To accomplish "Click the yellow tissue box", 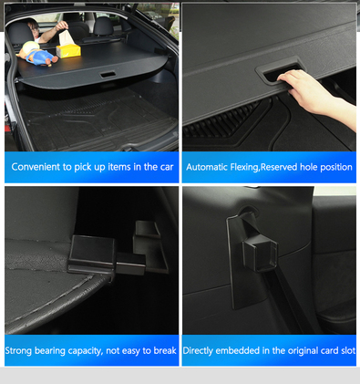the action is (68, 50).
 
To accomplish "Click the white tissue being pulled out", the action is (65, 37).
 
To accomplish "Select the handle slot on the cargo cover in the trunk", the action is (108, 75).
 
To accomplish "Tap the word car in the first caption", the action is (167, 167).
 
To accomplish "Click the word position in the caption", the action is (336, 168).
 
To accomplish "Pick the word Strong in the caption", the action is (18, 350).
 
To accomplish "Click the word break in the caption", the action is (165, 350).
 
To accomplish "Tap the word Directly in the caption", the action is (198, 350).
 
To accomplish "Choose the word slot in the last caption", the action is (348, 350).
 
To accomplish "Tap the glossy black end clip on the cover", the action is (91, 254).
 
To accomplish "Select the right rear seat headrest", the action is (103, 26).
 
